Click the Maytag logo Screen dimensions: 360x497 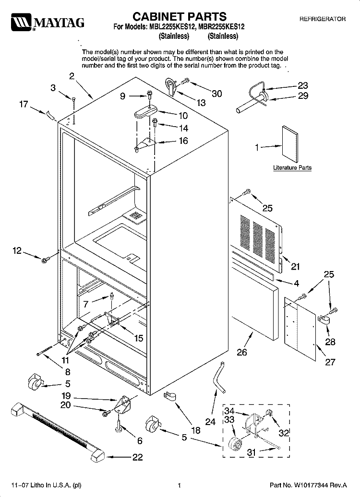point(48,22)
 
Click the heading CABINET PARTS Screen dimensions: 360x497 point(179,16)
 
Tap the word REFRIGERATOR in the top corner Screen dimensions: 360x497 point(323,19)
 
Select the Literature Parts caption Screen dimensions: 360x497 point(292,168)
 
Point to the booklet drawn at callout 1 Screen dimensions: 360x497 point(290,145)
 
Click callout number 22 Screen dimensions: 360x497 point(137,457)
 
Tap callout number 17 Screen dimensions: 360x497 point(24,104)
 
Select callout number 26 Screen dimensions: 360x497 point(242,352)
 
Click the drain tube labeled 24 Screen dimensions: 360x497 point(218,377)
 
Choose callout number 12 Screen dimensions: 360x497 point(17,251)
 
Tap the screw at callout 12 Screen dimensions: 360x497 point(44,260)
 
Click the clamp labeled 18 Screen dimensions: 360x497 point(170,397)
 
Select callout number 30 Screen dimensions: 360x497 point(216,94)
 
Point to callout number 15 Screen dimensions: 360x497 point(139,338)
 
